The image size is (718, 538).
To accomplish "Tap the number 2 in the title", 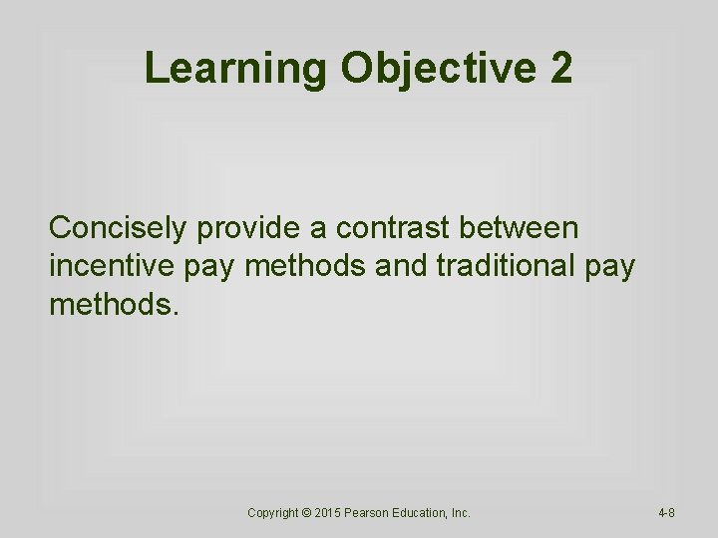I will [560, 69].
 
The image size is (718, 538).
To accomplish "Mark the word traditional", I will [493, 266].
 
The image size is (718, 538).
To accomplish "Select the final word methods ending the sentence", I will [114, 304].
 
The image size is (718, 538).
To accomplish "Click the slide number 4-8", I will [666, 513].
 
